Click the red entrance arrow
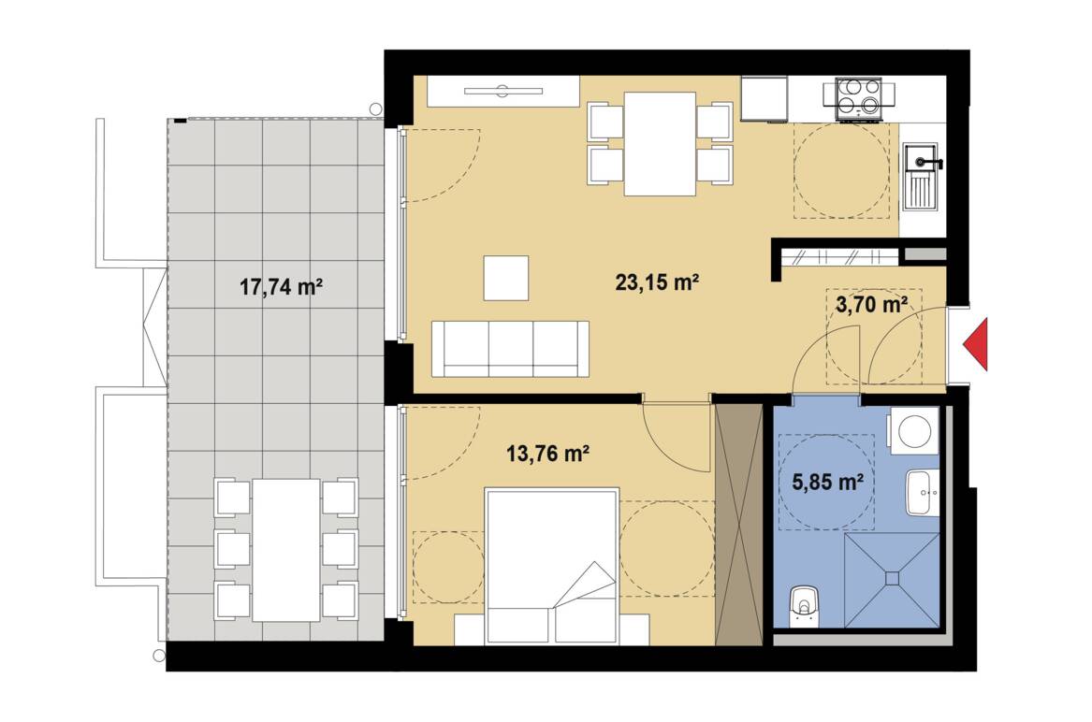(977, 344)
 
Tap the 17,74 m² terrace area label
(281, 286)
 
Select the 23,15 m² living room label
(657, 282)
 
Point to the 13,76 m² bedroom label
(548, 454)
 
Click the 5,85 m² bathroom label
(828, 481)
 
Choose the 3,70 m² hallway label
(870, 304)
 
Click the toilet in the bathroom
(805, 605)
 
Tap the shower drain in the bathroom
(892, 577)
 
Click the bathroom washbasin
(923, 492)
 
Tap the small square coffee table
(505, 278)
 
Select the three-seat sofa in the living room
(511, 349)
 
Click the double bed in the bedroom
(551, 565)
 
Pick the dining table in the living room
(661, 143)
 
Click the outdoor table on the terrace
(286, 550)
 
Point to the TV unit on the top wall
(503, 91)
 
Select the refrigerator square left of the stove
(764, 98)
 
